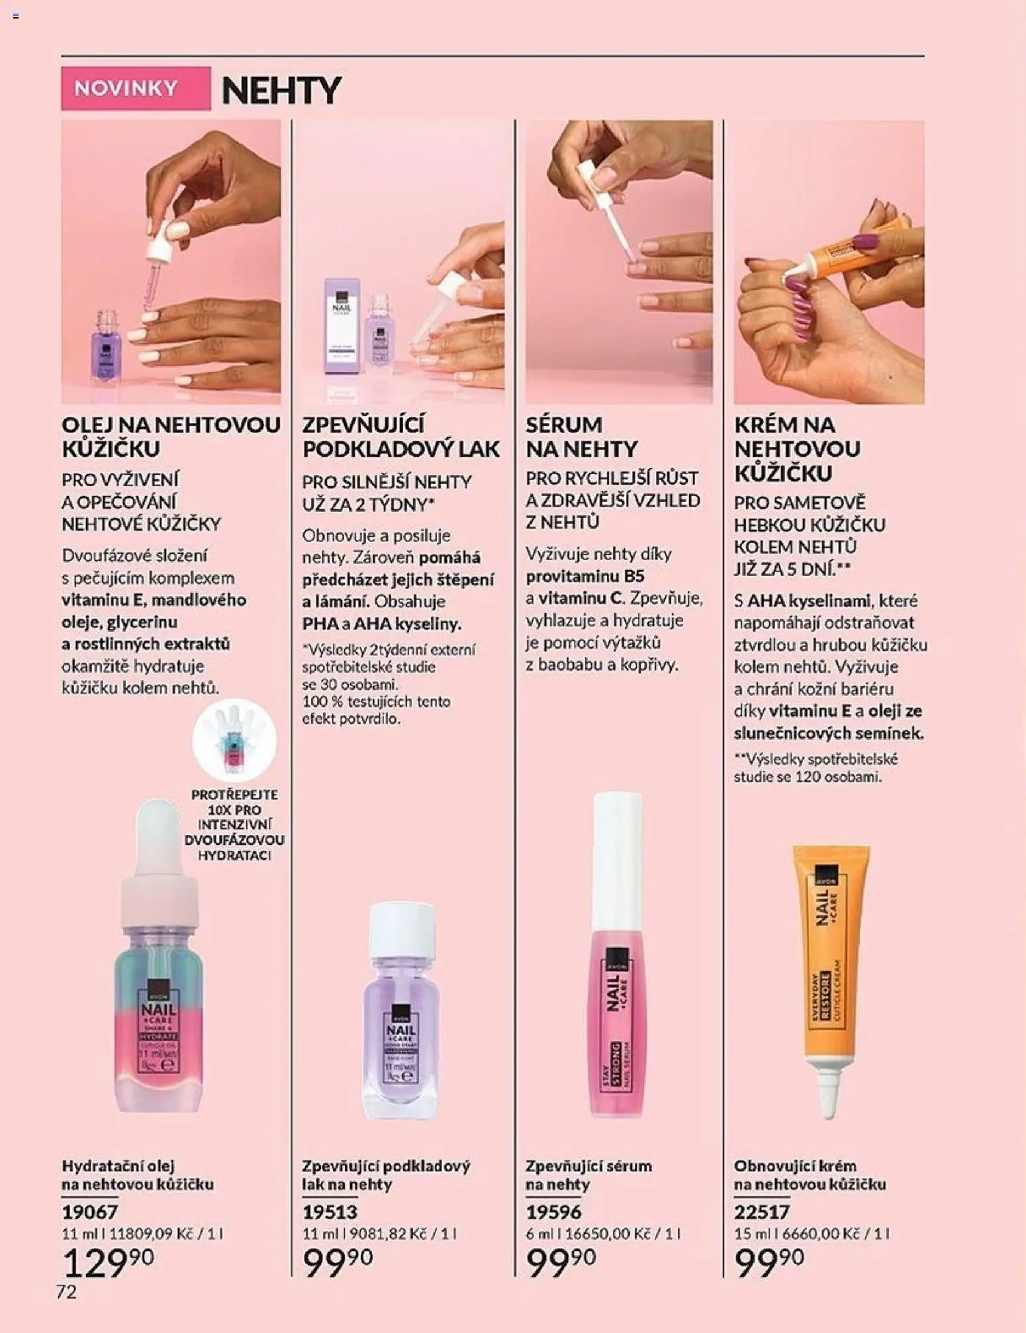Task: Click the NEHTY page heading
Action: pos(281,91)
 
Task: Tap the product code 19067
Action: pos(90,1212)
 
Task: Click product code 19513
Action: pos(330,1212)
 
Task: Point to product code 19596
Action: pos(553,1212)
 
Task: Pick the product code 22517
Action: pos(762,1212)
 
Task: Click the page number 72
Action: pos(66,1291)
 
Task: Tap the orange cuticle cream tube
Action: pos(829,973)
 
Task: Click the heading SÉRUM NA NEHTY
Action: pos(581,436)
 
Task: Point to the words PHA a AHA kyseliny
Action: pos(382,624)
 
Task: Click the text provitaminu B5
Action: pos(584,576)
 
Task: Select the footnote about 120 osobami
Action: pos(816,768)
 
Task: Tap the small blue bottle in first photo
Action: pos(106,348)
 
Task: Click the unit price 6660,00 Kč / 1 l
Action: pos(835,1234)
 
